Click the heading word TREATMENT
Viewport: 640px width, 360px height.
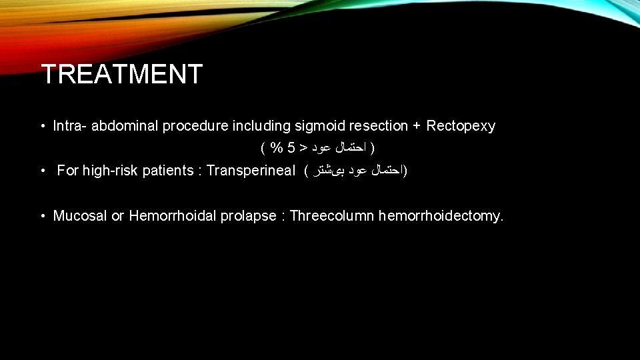point(121,74)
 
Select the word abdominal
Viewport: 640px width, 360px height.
point(122,126)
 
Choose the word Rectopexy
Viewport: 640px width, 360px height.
point(461,126)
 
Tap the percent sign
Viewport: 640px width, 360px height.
point(275,147)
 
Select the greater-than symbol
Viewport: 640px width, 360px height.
point(303,147)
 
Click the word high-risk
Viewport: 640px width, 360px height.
point(108,171)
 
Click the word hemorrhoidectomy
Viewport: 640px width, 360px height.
point(441,216)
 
